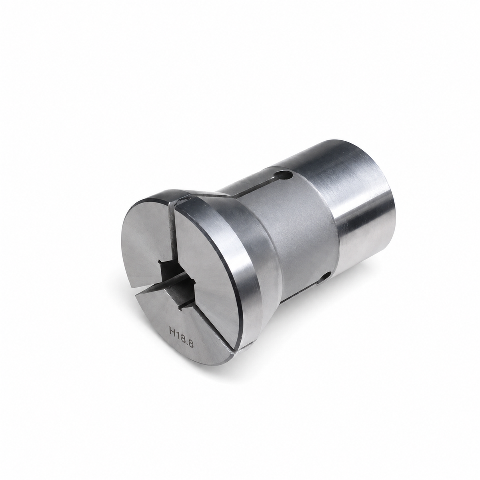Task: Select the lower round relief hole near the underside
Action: point(326,276)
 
